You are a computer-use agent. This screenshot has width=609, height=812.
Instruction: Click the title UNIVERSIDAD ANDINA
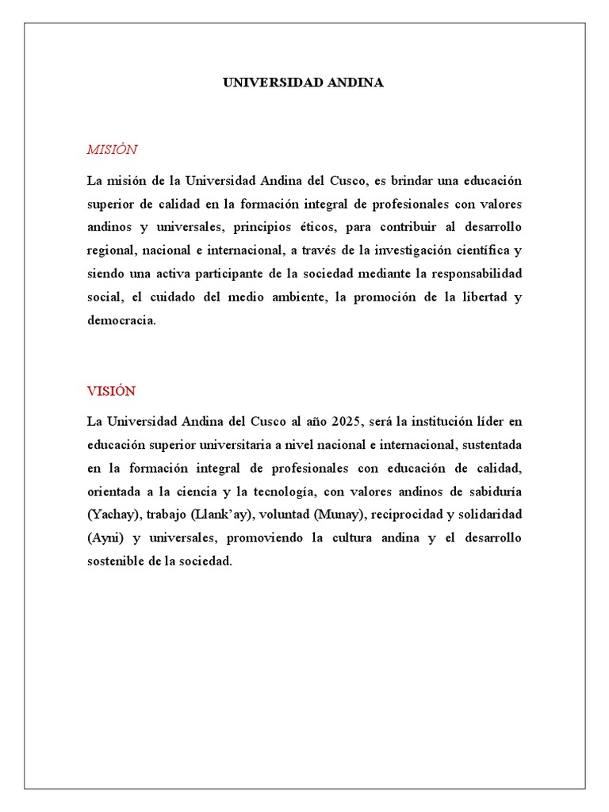click(x=304, y=82)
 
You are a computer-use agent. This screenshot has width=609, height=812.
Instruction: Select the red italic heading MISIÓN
click(x=112, y=149)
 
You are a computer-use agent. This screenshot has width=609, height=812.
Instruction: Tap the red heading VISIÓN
click(x=111, y=391)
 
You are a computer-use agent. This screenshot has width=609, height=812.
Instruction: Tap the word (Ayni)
click(x=105, y=538)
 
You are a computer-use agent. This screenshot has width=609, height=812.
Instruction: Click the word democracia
click(x=121, y=321)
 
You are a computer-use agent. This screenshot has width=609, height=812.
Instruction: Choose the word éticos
click(x=316, y=227)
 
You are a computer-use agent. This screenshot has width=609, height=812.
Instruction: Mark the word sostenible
click(x=116, y=561)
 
